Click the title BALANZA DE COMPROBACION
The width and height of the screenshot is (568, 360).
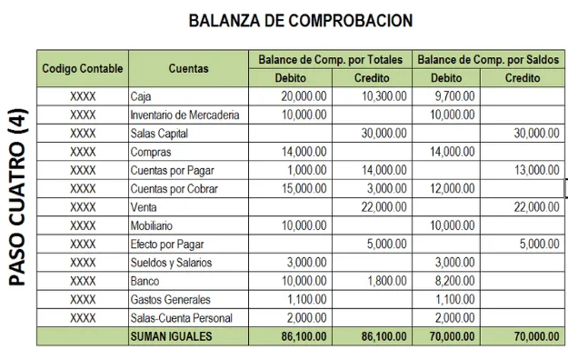point(300,20)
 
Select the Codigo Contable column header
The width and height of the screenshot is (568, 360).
point(82,68)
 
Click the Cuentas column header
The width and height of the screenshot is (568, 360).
point(188,68)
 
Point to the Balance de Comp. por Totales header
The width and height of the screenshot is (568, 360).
point(330,59)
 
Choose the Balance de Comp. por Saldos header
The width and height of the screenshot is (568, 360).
point(489,59)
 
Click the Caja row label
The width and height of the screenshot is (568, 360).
point(141,96)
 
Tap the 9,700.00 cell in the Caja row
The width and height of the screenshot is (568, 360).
point(453,96)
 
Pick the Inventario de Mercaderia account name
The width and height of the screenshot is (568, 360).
point(184,115)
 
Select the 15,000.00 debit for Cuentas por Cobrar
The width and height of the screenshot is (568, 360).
point(304,188)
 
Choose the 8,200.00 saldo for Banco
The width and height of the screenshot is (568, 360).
point(453,281)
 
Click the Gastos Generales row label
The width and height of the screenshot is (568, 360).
point(170,299)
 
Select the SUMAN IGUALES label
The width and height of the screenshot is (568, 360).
point(172,336)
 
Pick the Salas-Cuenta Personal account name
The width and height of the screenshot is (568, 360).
point(181,318)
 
